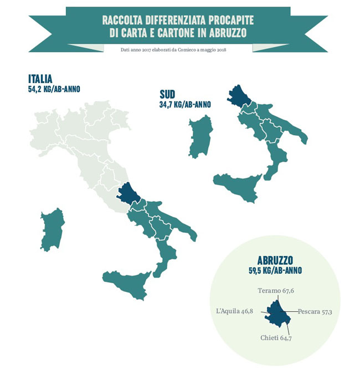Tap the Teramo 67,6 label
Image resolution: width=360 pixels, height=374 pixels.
click(276, 290)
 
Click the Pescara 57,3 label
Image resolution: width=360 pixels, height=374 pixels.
click(315, 312)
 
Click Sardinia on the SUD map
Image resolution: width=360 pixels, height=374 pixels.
click(201, 136)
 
